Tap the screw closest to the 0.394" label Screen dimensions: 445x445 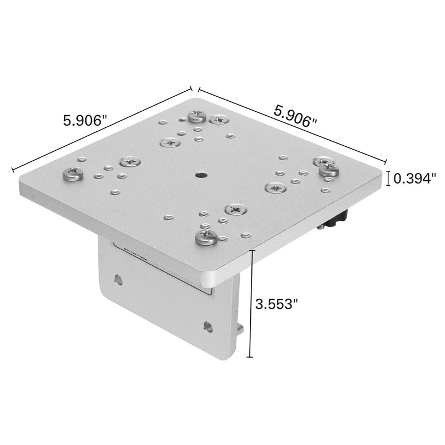click(x=329, y=169)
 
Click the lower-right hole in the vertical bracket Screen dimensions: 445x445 click(x=208, y=326)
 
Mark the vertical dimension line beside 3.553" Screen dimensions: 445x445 click(x=253, y=304)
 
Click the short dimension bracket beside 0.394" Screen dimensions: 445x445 click(x=388, y=178)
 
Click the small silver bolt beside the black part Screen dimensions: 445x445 click(x=322, y=227)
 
